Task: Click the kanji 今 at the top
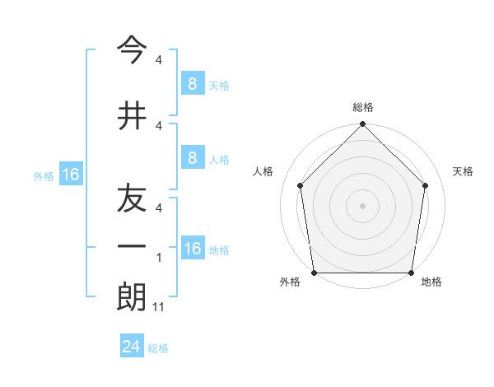(x=133, y=52)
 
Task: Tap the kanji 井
(x=133, y=116)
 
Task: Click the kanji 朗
(x=133, y=297)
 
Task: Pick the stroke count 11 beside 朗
(x=160, y=307)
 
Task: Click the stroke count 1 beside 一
(x=159, y=258)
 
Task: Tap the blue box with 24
(x=132, y=347)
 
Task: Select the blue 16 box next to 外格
(x=71, y=175)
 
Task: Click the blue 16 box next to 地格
(x=193, y=249)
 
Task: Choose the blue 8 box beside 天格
(x=192, y=84)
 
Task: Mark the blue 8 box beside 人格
(x=192, y=158)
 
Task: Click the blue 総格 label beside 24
(x=158, y=348)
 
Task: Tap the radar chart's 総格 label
(x=362, y=108)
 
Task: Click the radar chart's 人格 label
(x=263, y=171)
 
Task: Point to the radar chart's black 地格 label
(x=431, y=282)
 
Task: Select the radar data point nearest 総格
(x=362, y=125)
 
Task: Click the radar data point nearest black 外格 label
(x=314, y=273)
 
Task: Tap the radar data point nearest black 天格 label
(x=426, y=185)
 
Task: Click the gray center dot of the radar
(x=362, y=206)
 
